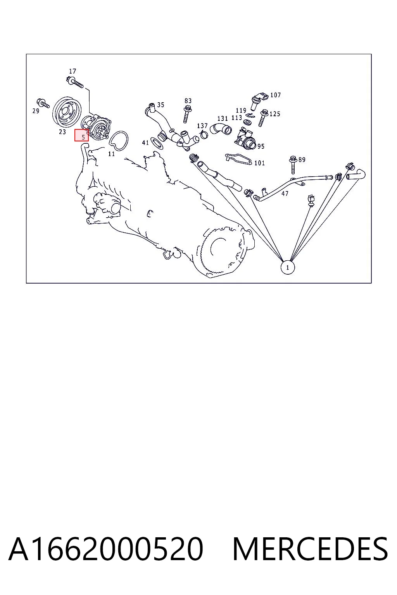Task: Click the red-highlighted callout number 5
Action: pyautogui.click(x=83, y=138)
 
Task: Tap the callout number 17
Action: pyautogui.click(x=72, y=71)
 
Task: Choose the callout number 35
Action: pyautogui.click(x=161, y=105)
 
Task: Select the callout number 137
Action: pyautogui.click(x=202, y=126)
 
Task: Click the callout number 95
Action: pyautogui.click(x=261, y=146)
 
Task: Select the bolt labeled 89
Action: pyautogui.click(x=293, y=165)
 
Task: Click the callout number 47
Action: pyautogui.click(x=285, y=194)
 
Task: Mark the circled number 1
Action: pyautogui.click(x=288, y=268)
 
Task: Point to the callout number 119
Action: pyautogui.click(x=241, y=110)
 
